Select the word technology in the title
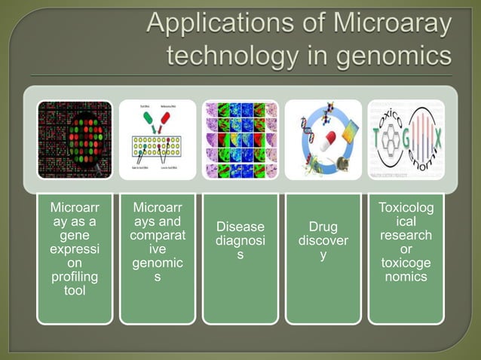coord(230,56)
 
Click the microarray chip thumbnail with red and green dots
coord(75,140)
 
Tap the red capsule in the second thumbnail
coord(165,119)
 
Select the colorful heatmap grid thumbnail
coord(240,140)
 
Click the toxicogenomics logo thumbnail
coord(406,140)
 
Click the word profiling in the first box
coord(75,277)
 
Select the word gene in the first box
coord(75,235)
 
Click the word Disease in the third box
coord(240,227)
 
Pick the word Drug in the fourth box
coord(323,227)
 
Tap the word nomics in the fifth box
coord(406,276)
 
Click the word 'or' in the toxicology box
coord(406,249)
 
